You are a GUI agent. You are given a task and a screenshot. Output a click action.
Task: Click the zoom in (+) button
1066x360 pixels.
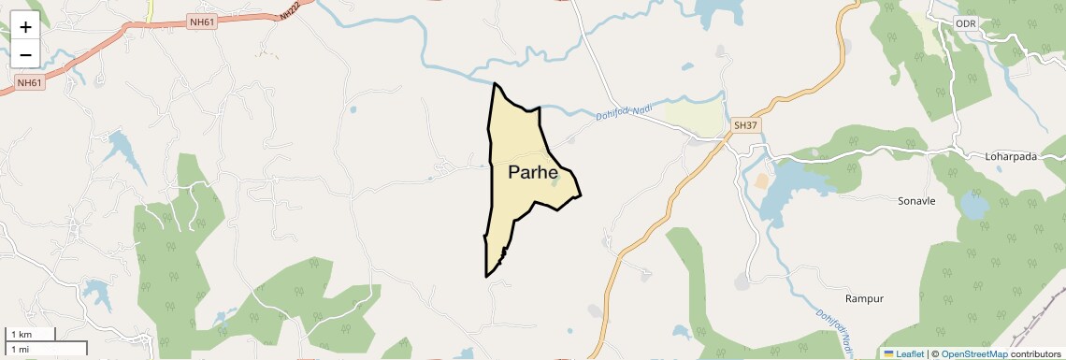point(25,27)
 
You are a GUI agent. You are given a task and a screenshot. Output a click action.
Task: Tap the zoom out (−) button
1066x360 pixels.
point(25,55)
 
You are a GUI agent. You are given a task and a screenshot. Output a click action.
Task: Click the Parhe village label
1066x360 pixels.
point(533,173)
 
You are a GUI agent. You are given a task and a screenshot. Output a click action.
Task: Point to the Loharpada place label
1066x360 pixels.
point(1011,157)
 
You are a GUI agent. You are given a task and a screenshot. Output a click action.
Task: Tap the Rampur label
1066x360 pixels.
point(864,299)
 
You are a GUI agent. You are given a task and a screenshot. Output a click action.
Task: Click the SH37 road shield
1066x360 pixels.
point(745,124)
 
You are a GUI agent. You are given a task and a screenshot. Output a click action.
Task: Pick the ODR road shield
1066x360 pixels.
point(966,22)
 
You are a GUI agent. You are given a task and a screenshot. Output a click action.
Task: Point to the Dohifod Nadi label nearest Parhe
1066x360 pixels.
point(623,112)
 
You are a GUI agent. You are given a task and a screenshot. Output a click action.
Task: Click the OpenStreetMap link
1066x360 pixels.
point(973,353)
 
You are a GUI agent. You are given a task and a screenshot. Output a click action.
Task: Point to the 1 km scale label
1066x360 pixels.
point(21,334)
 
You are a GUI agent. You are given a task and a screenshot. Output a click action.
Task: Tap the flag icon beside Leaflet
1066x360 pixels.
point(889,353)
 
